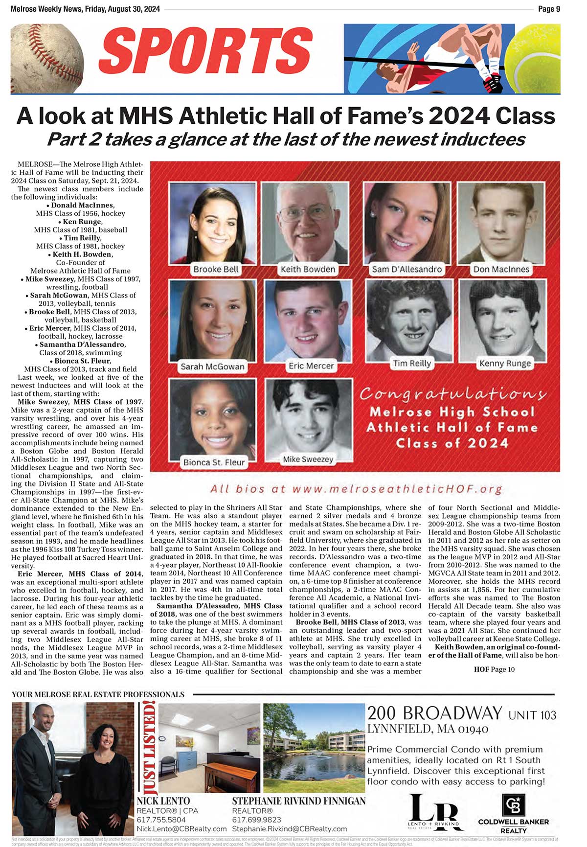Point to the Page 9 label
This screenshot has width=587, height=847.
(549, 9)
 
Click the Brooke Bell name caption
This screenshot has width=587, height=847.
(216, 270)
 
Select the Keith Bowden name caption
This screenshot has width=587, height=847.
(308, 269)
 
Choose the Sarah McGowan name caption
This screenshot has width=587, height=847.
(212, 366)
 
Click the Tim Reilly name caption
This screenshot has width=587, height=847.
(412, 363)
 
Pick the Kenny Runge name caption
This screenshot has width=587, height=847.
(505, 363)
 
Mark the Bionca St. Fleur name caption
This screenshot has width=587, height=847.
(214, 462)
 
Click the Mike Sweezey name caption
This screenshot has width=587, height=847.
(308, 459)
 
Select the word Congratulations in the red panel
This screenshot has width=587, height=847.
(452, 394)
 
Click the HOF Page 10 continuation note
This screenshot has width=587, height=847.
(494, 669)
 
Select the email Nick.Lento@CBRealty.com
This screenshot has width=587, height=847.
(181, 829)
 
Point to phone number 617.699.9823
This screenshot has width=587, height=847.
(256, 820)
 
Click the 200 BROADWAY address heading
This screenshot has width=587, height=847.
(434, 713)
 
